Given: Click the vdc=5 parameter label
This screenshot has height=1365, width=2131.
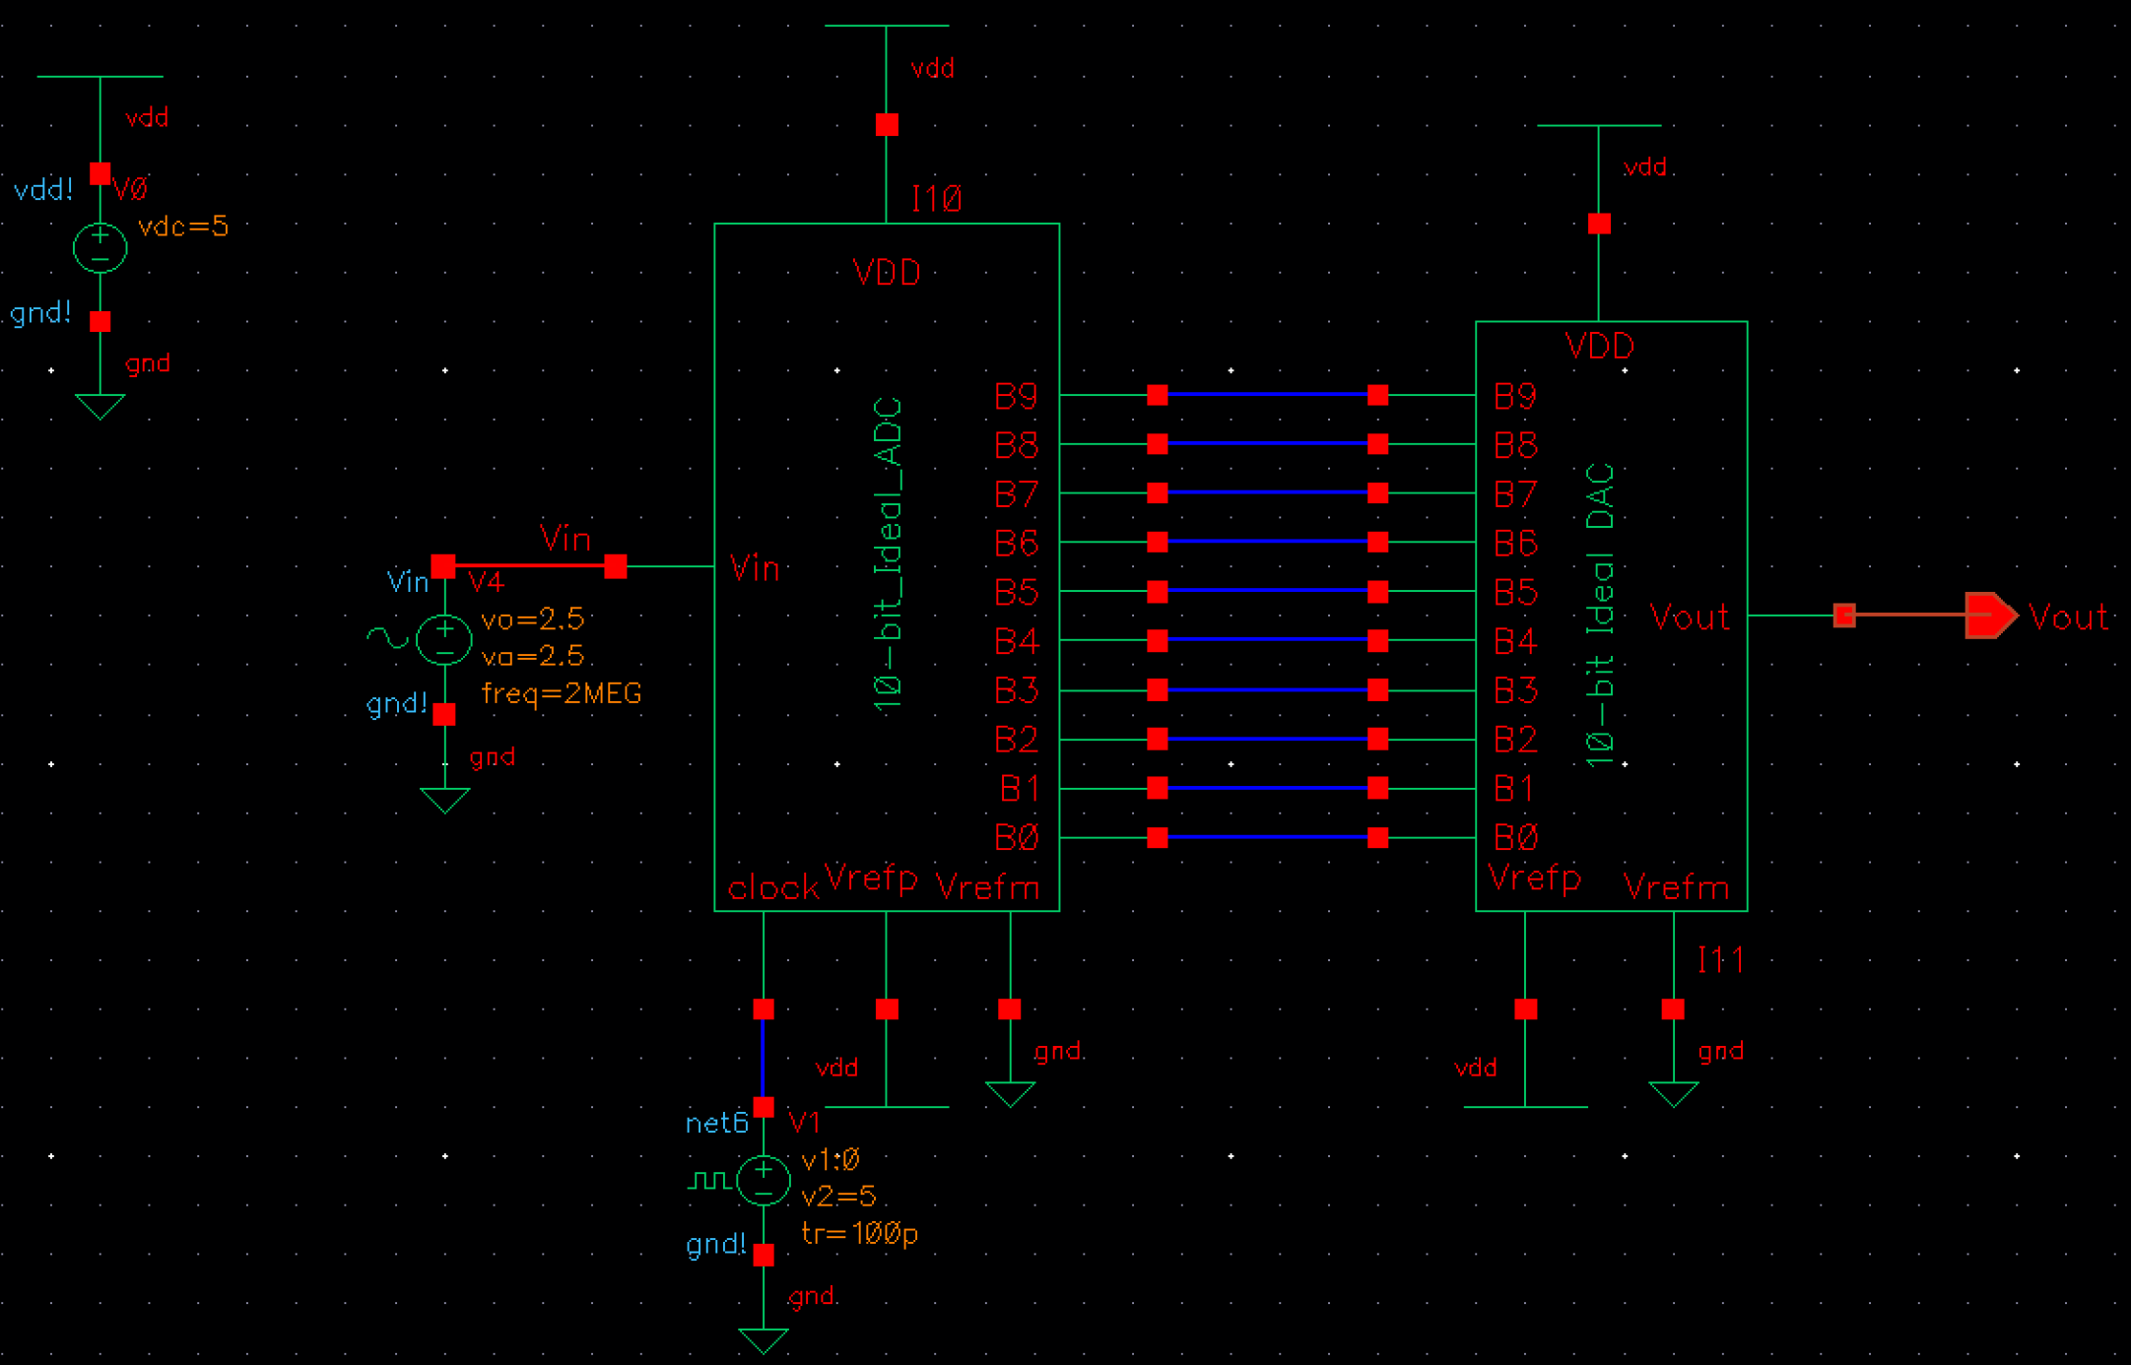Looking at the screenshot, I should pyautogui.click(x=183, y=227).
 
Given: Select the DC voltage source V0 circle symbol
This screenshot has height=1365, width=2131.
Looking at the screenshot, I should pyautogui.click(x=100, y=247).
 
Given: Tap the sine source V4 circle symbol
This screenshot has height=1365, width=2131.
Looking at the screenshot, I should pyautogui.click(x=444, y=639).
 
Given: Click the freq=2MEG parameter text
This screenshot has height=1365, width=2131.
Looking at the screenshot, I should pyautogui.click(x=562, y=694).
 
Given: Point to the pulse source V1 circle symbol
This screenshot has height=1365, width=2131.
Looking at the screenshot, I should pyautogui.click(x=763, y=1180).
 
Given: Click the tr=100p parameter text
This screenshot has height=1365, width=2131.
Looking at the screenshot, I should pyautogui.click(x=859, y=1234).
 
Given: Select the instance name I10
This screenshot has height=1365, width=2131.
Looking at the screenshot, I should pyautogui.click(x=936, y=200).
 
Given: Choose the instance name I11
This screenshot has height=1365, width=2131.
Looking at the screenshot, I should pyautogui.click(x=1720, y=960).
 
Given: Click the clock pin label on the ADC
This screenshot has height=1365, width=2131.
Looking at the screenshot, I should pyautogui.click(x=772, y=888).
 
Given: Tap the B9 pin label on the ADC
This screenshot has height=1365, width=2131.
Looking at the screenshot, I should pyautogui.click(x=1016, y=396).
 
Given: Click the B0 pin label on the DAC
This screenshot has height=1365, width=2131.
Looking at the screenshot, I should pyautogui.click(x=1514, y=838).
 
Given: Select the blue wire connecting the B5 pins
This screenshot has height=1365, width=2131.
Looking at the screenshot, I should pyautogui.click(x=1267, y=591).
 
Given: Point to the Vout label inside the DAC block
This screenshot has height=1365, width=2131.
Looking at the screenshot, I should pyautogui.click(x=1689, y=617).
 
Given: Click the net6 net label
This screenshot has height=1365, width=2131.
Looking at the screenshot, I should pyautogui.click(x=716, y=1124).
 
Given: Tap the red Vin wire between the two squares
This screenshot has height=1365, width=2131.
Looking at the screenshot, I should pyautogui.click(x=529, y=565).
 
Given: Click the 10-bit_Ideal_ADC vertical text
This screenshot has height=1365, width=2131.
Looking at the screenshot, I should pyautogui.click(x=888, y=554).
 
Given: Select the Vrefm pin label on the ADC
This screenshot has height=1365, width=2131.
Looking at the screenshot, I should pyautogui.click(x=986, y=888).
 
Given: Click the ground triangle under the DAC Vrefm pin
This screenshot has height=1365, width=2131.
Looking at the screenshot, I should pyautogui.click(x=1673, y=1092).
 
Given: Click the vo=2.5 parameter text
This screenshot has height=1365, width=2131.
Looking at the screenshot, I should pyautogui.click(x=532, y=619).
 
